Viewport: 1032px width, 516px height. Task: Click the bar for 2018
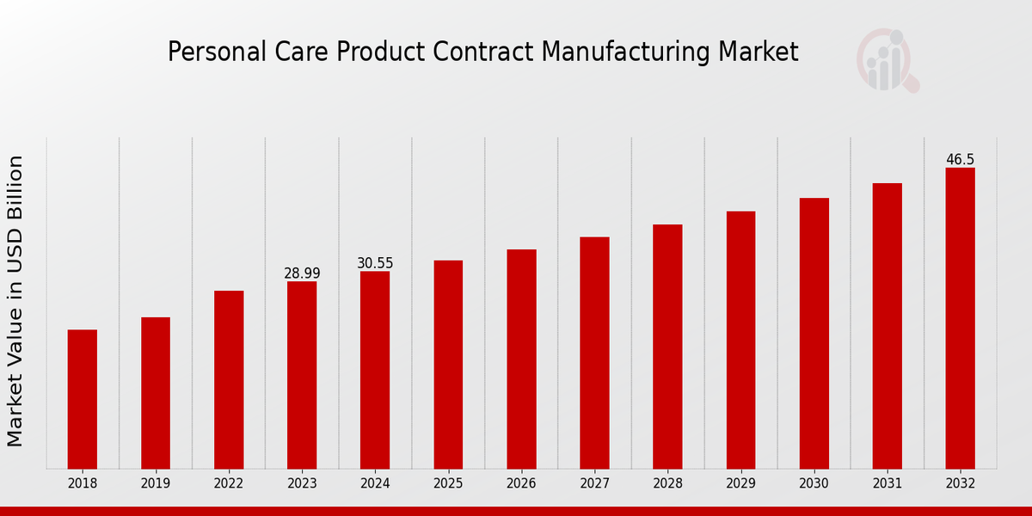click(83, 399)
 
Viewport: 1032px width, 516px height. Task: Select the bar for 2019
click(156, 393)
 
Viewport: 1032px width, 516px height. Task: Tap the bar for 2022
click(229, 379)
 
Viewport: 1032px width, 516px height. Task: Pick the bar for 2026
click(521, 359)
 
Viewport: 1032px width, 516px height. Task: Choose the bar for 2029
click(740, 340)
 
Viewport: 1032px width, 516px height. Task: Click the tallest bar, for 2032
click(960, 318)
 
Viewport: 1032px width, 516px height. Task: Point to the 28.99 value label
click(302, 273)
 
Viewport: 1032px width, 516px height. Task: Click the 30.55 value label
click(375, 263)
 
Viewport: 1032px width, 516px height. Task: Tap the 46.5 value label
click(960, 160)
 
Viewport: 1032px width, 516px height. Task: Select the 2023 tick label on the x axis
click(302, 484)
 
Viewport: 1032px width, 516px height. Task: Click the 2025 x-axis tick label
click(448, 484)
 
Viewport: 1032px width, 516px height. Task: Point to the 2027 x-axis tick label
click(594, 484)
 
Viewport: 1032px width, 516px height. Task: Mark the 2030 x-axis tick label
click(814, 484)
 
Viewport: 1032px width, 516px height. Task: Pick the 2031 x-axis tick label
click(887, 484)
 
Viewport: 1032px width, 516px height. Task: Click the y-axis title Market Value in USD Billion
click(15, 301)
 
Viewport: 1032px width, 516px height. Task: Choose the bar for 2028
click(667, 347)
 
